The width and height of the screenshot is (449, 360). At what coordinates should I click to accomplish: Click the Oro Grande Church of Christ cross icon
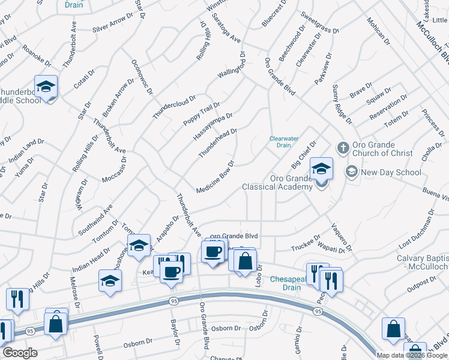click(343, 148)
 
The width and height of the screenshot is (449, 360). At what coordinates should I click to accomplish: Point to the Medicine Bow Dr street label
click(215, 178)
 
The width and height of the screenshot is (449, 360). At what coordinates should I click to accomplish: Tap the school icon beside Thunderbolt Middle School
click(46, 88)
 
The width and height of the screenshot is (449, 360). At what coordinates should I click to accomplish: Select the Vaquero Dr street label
click(341, 237)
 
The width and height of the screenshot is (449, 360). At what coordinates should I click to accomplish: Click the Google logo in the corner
click(20, 353)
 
